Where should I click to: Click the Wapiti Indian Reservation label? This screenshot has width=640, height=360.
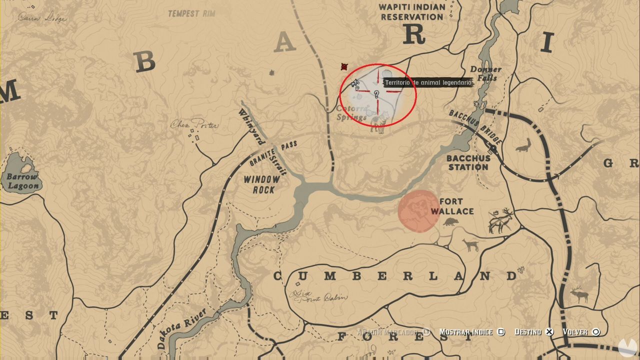[411, 12]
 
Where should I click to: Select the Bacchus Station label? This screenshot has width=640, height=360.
[467, 162]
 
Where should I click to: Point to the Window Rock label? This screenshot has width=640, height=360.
[262, 184]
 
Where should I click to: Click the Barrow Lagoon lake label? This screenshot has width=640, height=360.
[22, 181]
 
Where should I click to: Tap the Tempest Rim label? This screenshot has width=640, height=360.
[191, 13]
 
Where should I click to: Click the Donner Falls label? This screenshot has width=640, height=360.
[485, 73]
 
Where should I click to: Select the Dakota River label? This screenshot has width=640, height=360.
[181, 328]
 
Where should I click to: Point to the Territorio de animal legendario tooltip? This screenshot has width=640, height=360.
[427, 82]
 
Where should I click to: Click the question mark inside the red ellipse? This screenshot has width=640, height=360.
[376, 93]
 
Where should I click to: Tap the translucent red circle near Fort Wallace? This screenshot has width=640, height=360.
[418, 211]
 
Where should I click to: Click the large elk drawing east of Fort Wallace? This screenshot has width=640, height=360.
[501, 221]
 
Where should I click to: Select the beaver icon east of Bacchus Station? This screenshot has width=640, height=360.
[523, 145]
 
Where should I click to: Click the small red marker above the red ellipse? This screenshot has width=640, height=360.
[344, 66]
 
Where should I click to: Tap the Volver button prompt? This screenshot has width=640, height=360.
[580, 332]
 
